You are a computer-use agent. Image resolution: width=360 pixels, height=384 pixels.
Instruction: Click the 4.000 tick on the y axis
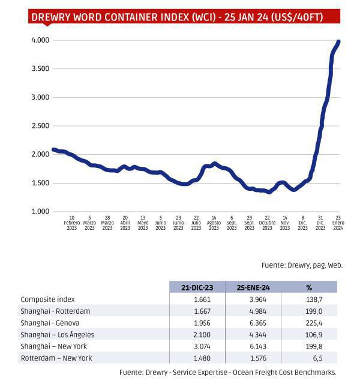point(40,40)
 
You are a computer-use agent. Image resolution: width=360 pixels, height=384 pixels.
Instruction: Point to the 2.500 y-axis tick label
point(40,126)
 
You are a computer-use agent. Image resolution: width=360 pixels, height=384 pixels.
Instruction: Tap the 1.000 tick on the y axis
point(40,212)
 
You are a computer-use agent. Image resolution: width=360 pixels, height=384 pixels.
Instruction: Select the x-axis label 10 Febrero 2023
point(72,223)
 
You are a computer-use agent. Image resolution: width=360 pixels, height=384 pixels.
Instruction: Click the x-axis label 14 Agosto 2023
point(214,223)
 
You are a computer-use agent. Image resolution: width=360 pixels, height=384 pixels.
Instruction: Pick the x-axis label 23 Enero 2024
point(338,223)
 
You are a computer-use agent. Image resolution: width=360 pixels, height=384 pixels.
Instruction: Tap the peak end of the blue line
point(338,41)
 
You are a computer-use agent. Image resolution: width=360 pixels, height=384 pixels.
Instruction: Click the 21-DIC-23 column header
point(197,287)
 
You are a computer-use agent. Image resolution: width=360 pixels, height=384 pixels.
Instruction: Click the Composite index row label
point(48,299)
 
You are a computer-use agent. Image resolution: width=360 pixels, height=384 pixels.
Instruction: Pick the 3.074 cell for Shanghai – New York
point(197,346)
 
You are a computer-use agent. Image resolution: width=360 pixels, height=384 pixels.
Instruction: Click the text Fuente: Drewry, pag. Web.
point(302,265)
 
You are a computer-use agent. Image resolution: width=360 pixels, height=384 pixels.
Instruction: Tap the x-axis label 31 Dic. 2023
point(320,223)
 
